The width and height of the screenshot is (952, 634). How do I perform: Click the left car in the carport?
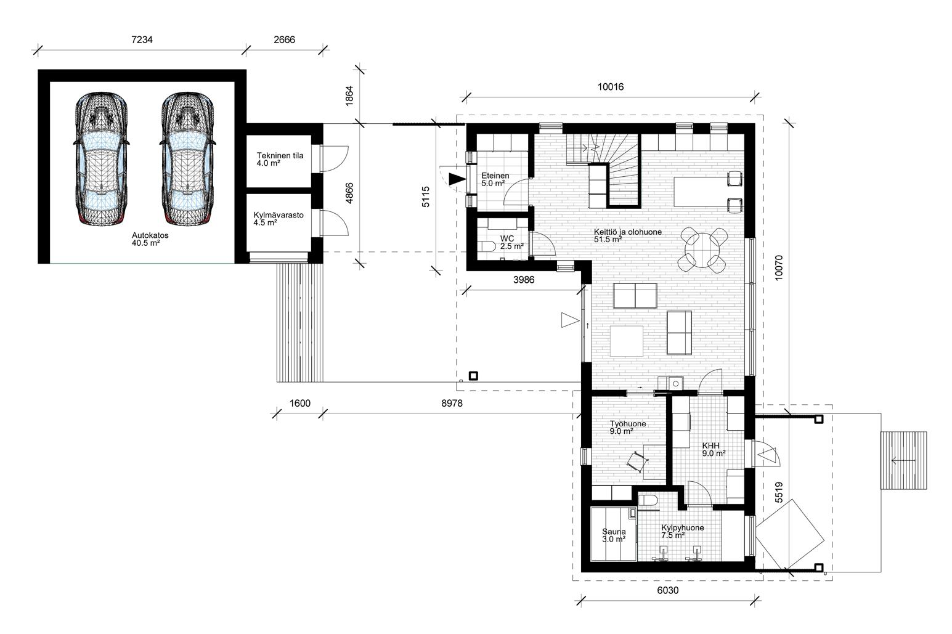point(102,158)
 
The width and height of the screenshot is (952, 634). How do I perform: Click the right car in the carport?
point(187,158)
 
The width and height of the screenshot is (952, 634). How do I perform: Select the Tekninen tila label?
point(280,160)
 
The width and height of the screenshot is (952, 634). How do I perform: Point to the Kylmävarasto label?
point(279,219)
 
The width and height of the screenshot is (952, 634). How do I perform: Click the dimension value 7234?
point(142,39)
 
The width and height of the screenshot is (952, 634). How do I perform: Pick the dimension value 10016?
point(611,87)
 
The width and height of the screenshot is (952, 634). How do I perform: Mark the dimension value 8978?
point(452,404)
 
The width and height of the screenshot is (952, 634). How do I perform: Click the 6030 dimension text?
point(668,590)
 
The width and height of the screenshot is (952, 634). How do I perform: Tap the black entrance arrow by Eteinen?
point(457,179)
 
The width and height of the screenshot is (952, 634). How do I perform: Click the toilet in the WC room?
point(487,246)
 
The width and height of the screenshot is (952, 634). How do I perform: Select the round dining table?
point(704,250)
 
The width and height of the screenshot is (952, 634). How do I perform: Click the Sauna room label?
point(614,535)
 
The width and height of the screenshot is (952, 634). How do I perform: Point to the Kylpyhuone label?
point(682,532)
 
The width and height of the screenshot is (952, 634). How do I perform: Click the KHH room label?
point(714,450)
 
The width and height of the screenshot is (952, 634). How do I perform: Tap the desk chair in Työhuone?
point(638,462)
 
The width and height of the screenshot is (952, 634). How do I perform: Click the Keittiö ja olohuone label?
point(628,236)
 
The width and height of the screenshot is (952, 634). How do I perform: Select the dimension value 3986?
point(524,280)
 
